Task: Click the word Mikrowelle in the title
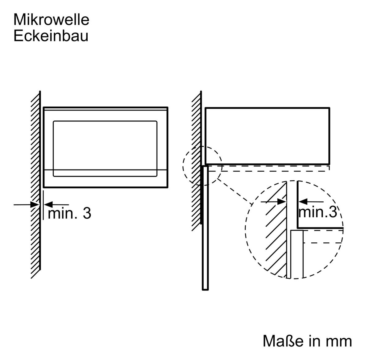point(51,20)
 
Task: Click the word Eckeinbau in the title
point(51,36)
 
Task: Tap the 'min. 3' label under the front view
point(70,213)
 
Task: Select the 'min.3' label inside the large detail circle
point(317,212)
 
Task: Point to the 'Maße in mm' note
point(307,341)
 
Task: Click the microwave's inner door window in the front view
point(105,145)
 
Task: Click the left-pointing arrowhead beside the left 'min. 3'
point(48,204)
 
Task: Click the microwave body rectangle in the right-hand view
point(267,136)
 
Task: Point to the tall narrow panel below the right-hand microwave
point(205,228)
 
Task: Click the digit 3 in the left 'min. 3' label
point(87,213)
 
